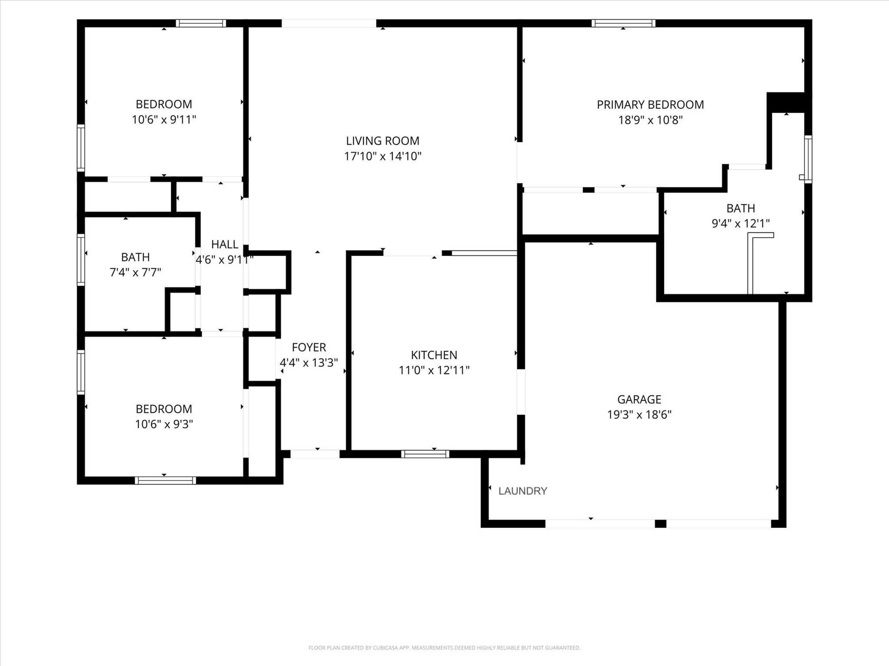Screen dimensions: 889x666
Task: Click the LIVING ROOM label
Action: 382,141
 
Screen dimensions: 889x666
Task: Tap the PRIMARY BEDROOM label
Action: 650,104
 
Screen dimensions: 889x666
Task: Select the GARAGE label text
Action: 639,399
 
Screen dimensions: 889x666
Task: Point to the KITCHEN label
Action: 434,355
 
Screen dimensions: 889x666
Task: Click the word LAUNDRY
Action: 523,491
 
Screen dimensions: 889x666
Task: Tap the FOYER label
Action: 309,347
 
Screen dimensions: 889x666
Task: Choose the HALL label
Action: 225,245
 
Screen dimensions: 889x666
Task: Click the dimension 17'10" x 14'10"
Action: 383,156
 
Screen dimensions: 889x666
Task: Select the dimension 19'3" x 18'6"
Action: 639,415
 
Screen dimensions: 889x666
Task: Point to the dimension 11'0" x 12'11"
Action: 434,370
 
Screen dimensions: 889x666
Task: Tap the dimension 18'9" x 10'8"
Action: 650,120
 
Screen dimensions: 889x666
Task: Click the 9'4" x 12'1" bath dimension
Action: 741,223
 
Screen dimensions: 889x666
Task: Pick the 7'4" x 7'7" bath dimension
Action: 135,272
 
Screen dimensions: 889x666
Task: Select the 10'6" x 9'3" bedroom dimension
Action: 164,424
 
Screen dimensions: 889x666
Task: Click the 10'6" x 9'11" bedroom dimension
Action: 164,119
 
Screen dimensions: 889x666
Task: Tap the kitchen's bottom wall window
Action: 425,454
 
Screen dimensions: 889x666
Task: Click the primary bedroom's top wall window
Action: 623,23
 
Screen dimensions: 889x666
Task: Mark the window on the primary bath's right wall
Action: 808,159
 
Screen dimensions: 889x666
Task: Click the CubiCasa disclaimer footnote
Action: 444,648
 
